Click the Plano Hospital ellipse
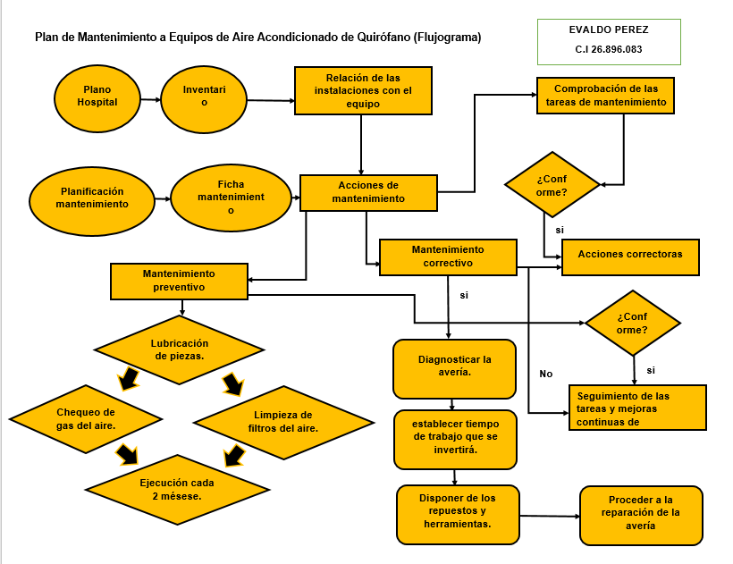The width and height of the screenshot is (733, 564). pos(97,97)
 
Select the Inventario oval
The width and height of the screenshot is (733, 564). pos(204,97)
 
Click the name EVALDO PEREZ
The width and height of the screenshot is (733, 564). pos(608,29)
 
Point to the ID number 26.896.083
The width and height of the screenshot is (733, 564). pos(608,50)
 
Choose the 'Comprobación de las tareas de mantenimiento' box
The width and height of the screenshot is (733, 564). pos(605,96)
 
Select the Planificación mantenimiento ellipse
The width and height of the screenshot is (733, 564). pos(92,198)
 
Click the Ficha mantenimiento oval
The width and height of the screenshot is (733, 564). pos(231,198)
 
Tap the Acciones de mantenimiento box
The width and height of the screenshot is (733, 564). pos(368,192)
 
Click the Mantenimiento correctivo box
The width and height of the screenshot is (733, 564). pos(448,257)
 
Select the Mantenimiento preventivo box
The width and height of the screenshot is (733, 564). pos(179,281)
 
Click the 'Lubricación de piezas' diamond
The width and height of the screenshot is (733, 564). pos(180,349)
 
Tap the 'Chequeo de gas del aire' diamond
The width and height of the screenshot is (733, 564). pos(87,419)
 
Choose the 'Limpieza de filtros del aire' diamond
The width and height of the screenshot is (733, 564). pos(282,422)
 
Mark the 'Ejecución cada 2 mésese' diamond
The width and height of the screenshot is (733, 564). pos(177,489)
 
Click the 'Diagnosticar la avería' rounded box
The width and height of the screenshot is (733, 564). pos(454,367)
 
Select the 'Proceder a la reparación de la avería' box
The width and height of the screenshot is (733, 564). pos(641,514)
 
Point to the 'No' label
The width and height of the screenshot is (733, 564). pos(546,374)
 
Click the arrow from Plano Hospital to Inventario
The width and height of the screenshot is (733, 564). pos(150,99)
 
